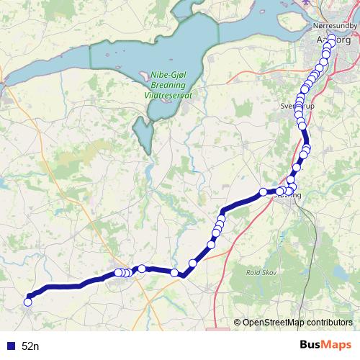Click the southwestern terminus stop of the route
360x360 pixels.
28,302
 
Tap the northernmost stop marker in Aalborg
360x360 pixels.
332,37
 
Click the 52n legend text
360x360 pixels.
30,346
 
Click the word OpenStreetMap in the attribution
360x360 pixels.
270,322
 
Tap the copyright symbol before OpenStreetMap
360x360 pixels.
238,322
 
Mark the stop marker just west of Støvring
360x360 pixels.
264,192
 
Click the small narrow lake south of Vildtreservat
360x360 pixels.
143,133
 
